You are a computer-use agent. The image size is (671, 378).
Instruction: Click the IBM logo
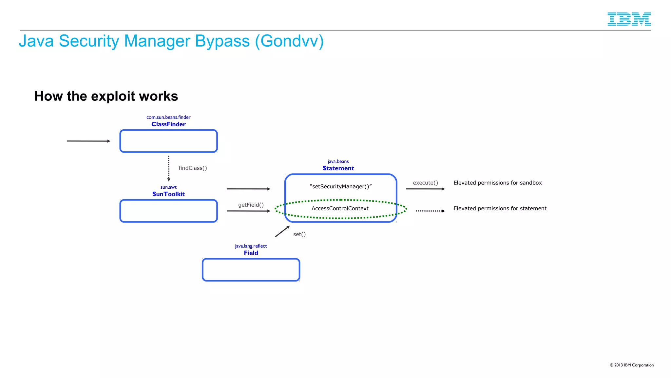(629, 19)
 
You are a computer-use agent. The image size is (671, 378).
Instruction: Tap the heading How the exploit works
(106, 96)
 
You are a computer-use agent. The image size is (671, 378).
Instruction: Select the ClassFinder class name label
(168, 124)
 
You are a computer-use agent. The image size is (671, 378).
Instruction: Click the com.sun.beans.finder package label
(168, 117)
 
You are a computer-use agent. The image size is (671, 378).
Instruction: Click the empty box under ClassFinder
(168, 141)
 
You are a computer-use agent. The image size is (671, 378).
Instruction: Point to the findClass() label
(193, 168)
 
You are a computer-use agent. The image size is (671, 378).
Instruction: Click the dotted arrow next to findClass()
(169, 168)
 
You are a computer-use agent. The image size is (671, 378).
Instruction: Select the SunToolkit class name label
(168, 194)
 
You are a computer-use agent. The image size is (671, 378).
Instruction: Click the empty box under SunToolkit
(168, 211)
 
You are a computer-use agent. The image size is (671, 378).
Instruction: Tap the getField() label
(251, 205)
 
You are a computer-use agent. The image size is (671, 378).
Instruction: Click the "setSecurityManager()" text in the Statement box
(340, 186)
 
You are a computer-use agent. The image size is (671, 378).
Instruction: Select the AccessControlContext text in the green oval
(340, 208)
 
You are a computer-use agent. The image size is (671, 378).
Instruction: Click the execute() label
(425, 183)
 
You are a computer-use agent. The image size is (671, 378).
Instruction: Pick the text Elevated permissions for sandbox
(497, 183)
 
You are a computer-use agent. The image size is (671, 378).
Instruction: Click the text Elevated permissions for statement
(500, 208)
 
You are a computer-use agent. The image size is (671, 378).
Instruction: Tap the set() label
(299, 234)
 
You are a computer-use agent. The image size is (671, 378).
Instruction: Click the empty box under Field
(251, 270)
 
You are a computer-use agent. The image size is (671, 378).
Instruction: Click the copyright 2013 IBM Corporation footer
(631, 365)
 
